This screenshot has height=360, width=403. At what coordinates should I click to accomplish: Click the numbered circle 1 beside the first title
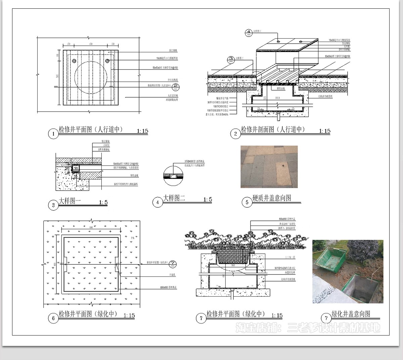coord(53,134)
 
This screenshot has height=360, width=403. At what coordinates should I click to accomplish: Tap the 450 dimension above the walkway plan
coord(91,44)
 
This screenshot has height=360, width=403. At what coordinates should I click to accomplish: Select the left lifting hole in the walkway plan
coord(74,61)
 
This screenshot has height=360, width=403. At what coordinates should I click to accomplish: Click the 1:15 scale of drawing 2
coord(324,131)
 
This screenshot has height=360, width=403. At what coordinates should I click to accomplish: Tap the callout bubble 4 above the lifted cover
coord(249,33)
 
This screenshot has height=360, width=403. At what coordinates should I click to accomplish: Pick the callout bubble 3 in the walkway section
coord(231,59)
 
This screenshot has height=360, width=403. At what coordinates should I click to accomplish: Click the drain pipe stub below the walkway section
coord(278,117)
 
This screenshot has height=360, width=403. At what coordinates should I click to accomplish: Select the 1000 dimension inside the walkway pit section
coord(277,97)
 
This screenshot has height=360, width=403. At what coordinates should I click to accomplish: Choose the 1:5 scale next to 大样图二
coord(208,200)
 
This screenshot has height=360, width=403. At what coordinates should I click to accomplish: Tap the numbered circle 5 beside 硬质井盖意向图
coord(247,202)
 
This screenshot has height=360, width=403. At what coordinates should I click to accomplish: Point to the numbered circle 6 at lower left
coord(53,318)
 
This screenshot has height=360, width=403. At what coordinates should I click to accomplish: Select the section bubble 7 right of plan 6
coord(172,263)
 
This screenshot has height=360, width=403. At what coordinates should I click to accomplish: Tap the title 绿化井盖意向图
coord(351,314)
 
